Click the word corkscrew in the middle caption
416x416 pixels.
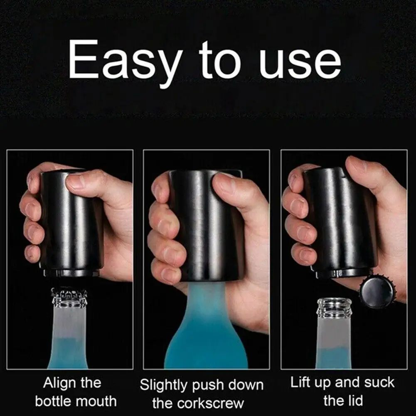214,403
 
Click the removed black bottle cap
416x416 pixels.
377,292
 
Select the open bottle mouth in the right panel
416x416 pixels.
334,306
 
